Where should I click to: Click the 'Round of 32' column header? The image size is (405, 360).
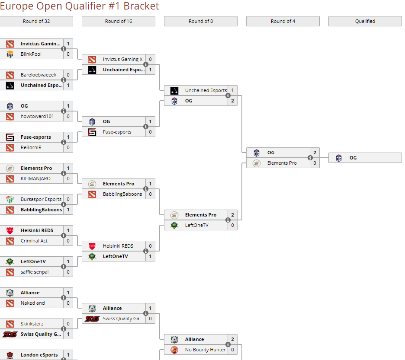tap(36, 21)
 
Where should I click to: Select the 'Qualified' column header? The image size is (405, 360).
tap(365, 21)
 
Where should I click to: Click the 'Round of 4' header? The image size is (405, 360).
tap(283, 21)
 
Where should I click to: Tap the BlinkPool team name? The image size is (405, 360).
tap(31, 54)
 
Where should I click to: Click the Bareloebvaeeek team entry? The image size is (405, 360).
tap(38, 75)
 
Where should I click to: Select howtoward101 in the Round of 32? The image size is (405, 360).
tap(37, 116)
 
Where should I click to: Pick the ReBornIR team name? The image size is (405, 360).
tap(31, 147)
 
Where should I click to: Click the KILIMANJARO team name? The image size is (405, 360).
tap(35, 178)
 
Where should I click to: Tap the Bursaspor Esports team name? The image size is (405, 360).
tap(41, 199)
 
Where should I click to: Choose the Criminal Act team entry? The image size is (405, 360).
tap(34, 241)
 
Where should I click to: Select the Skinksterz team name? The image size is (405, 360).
tap(32, 324)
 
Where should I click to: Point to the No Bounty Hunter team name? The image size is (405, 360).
tap(205, 350)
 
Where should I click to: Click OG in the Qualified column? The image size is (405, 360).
tap(353, 158)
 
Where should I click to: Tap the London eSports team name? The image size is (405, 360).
tap(39, 355)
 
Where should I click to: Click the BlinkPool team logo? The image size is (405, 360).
tap(10, 54)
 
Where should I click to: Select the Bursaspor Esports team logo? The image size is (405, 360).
tap(10, 199)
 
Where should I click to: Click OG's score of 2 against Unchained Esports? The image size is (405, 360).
tap(232, 101)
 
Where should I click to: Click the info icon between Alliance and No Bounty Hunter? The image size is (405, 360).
tap(228, 344)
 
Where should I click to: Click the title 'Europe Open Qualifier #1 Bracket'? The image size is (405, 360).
tap(80, 6)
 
